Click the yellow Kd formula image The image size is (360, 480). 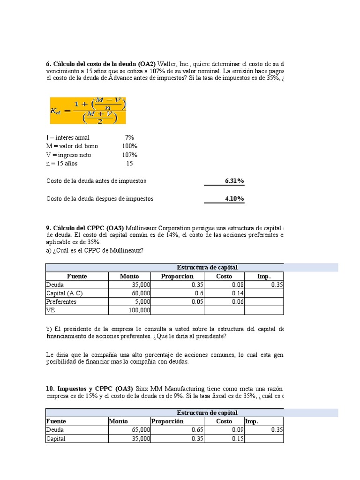click(88, 111)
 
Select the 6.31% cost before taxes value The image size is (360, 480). click(234, 181)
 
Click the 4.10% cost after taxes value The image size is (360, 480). click(234, 199)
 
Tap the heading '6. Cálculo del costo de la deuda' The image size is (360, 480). click(101, 64)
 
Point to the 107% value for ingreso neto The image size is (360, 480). click(130, 155)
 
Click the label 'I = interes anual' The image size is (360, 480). click(68, 137)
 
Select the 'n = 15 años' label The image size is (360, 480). click(62, 164)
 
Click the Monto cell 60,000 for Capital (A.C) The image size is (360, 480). click(140, 293)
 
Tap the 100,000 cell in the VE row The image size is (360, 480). click(139, 310)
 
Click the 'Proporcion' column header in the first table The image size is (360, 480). click(177, 277)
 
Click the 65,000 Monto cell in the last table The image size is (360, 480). click(140, 430)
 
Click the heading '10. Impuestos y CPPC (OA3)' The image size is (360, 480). click(90, 389)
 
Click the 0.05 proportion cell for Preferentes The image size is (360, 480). click(197, 302)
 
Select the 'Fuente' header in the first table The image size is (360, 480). click(77, 277)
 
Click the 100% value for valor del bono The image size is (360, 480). click(130, 146)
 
